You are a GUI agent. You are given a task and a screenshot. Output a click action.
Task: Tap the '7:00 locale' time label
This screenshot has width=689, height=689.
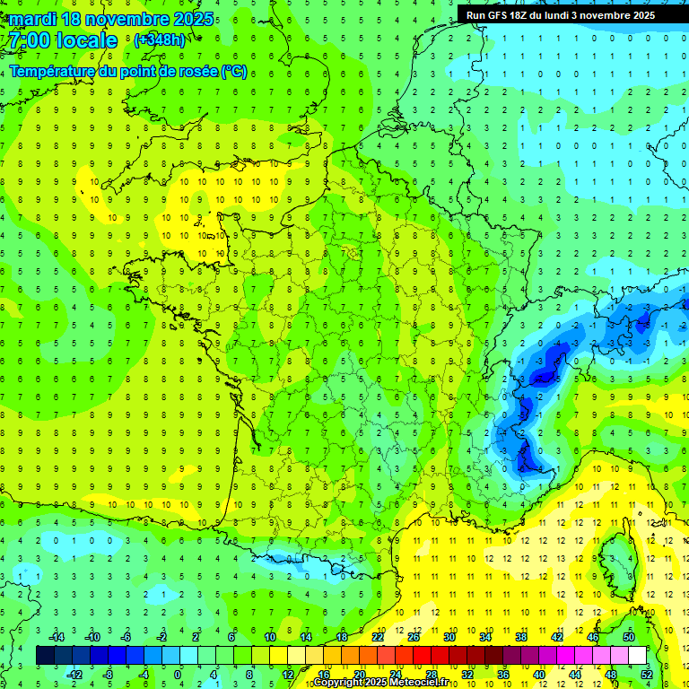(x=61, y=40)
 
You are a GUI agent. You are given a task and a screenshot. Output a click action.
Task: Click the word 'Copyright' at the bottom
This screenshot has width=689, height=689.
(x=338, y=683)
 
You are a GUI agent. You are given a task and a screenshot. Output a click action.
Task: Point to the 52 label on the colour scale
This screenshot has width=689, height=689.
(x=647, y=675)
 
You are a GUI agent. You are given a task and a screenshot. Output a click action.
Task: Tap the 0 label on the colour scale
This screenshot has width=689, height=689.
(x=177, y=675)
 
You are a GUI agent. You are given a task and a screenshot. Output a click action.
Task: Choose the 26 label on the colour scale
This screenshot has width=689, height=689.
(x=414, y=637)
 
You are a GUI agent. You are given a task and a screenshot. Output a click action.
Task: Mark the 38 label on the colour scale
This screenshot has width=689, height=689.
(x=521, y=637)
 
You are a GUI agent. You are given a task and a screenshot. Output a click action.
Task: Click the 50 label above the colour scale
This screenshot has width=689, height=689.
(x=629, y=637)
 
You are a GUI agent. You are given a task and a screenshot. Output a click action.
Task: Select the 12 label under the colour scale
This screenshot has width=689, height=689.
(x=288, y=675)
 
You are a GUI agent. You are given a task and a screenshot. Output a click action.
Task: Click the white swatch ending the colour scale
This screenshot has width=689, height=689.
(x=637, y=656)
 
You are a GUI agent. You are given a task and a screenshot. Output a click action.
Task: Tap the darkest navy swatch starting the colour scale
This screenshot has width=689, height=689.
(x=45, y=656)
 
